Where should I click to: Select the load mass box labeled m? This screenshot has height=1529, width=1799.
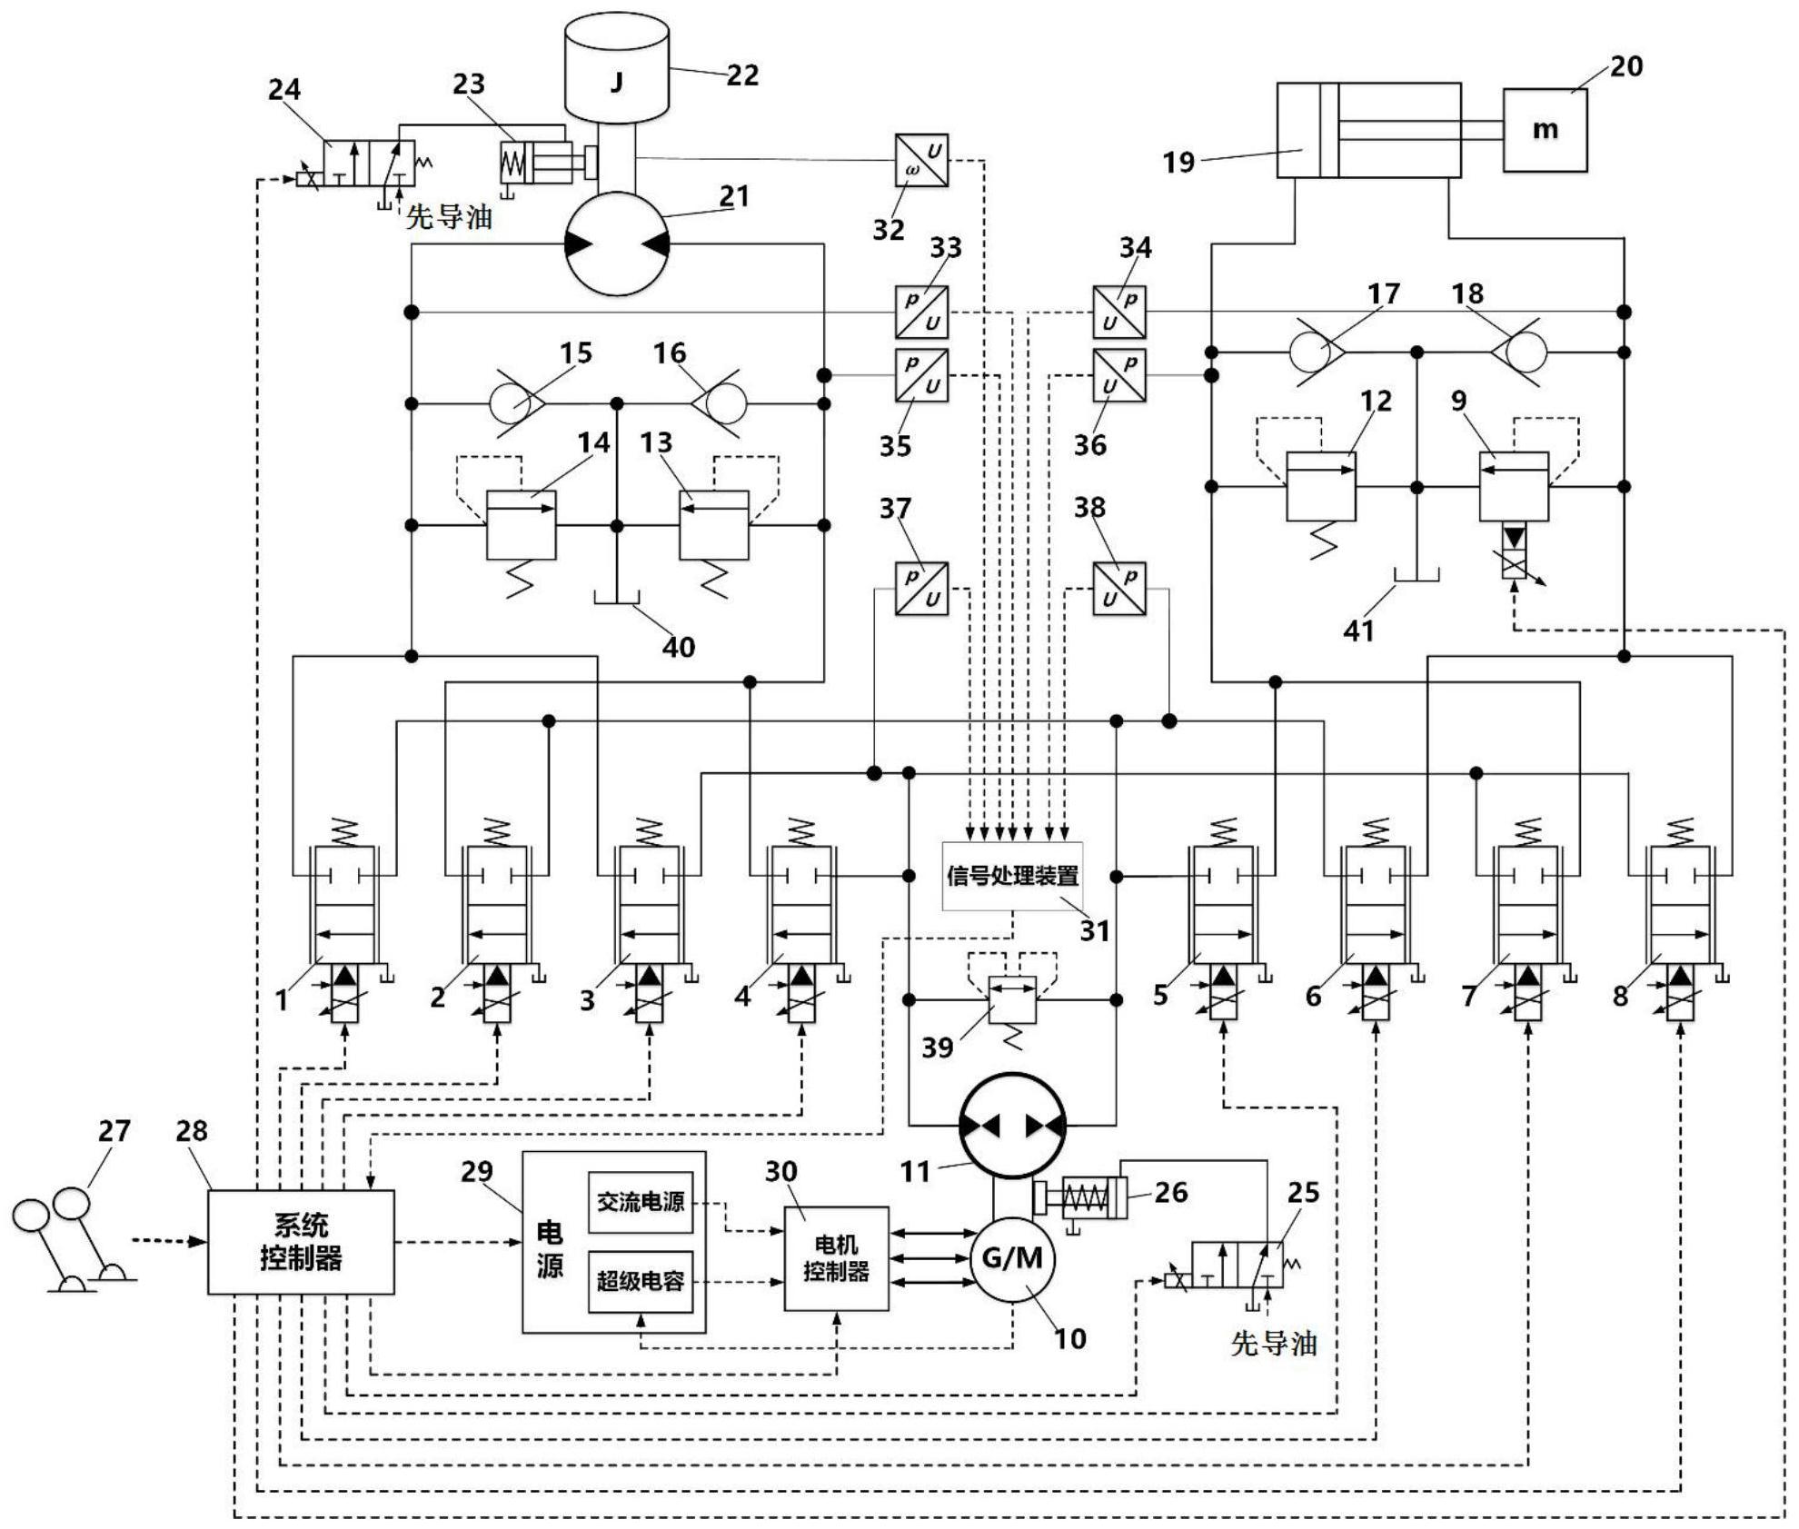click(1545, 130)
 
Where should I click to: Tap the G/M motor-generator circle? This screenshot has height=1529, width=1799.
click(1013, 1259)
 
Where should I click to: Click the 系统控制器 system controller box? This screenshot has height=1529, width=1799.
click(301, 1242)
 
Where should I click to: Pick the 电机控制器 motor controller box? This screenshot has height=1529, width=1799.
click(836, 1258)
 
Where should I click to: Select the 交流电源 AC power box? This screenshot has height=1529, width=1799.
click(641, 1202)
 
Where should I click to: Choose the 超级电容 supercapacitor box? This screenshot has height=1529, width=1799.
click(641, 1281)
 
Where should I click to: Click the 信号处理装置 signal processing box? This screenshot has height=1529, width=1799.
click(1012, 877)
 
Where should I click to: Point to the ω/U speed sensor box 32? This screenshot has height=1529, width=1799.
click(921, 161)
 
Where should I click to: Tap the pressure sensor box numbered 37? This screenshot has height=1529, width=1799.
click(921, 589)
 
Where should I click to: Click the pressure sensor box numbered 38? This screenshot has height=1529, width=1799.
click(1118, 589)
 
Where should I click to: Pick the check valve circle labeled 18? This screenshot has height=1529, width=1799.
click(1526, 352)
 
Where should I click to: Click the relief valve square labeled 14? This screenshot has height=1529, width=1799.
click(522, 525)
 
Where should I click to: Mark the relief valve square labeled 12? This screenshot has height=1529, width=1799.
click(1321, 487)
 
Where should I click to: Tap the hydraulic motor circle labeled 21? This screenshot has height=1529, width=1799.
click(617, 243)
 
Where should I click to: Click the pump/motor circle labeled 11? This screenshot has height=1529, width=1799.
click(1013, 1126)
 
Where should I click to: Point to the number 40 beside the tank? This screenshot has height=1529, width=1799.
click(679, 648)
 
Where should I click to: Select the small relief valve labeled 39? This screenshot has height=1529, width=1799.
click(1012, 999)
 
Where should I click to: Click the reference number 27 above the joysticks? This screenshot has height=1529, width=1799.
click(114, 1131)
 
